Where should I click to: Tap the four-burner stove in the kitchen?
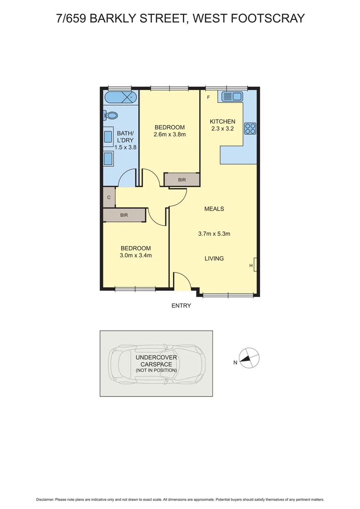pos(250,128)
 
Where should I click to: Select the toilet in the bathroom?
pos(111,115)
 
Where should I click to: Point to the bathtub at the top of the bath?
pos(121,98)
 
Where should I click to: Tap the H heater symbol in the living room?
pos(252,266)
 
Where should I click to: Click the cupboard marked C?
pos(109,197)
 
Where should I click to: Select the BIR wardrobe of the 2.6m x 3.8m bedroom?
pos(182,180)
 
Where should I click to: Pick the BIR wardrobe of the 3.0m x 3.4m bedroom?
pos(124,215)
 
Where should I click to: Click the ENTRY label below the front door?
pos(181,305)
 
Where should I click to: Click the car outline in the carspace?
pos(156,364)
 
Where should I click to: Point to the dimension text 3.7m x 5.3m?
pos(214,233)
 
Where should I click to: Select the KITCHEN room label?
pos(222,122)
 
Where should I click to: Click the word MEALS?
pos(214,209)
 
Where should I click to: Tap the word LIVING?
pos(214,258)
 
